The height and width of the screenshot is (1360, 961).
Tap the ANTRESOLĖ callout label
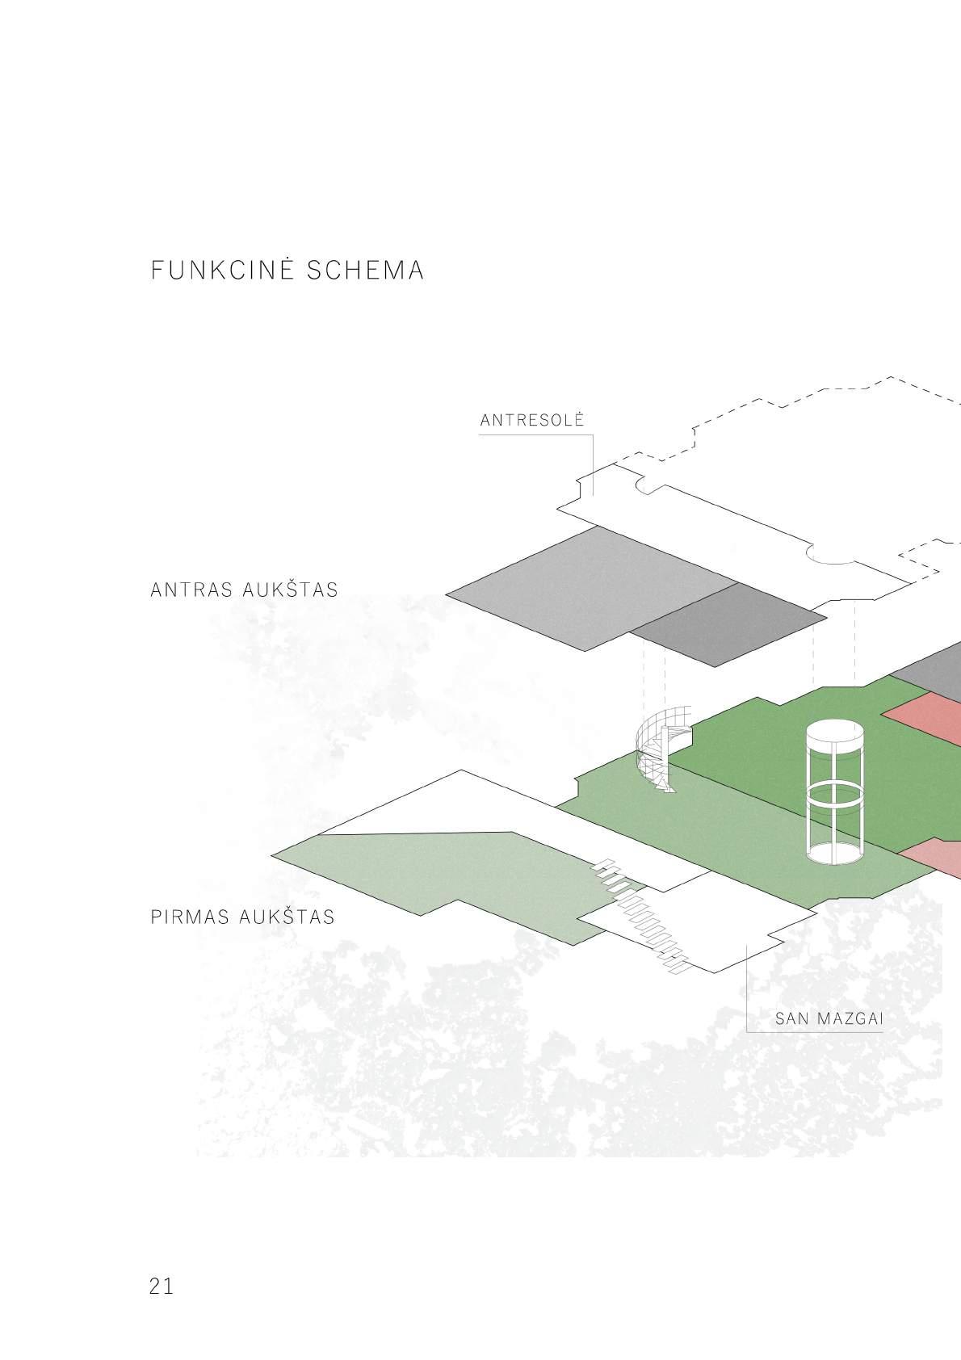[x=531, y=421]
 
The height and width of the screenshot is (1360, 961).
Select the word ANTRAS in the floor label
[x=191, y=590]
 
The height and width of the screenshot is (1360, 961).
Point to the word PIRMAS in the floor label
[x=191, y=917]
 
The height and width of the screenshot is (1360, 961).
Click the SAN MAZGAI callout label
[x=829, y=1018]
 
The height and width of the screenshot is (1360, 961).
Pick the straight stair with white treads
[x=642, y=913]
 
